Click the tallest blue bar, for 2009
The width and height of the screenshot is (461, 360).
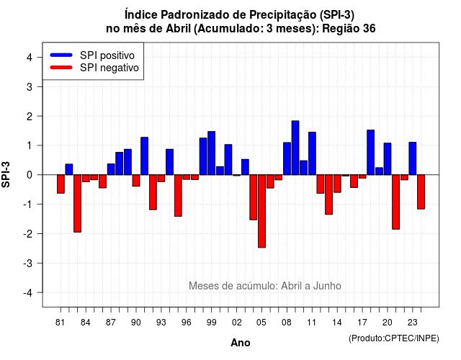click(295, 148)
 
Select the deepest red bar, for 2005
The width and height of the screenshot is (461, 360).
click(261, 211)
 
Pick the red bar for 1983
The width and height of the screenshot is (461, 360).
click(77, 203)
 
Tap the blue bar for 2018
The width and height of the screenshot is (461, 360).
click(371, 152)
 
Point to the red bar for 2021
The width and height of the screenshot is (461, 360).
click(395, 202)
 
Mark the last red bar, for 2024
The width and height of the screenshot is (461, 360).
click(421, 192)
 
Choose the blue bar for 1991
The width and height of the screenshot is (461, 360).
click(144, 156)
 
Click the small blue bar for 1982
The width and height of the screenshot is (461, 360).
click(69, 169)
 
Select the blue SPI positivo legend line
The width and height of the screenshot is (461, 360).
click(61, 55)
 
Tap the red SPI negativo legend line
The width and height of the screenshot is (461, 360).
click(61, 68)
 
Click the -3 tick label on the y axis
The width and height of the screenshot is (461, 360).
click(28, 263)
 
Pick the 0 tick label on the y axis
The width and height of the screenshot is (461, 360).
click(30, 175)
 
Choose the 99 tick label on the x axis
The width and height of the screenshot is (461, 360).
click(211, 323)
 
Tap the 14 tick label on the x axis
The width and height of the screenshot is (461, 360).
click(337, 323)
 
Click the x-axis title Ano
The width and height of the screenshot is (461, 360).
click(241, 343)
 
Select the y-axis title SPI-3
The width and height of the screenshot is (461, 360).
click(6, 174)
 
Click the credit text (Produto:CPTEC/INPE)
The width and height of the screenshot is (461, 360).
click(394, 338)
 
